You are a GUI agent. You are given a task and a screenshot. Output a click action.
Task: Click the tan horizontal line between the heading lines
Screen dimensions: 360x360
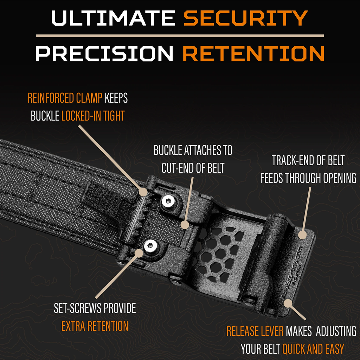click(180, 36)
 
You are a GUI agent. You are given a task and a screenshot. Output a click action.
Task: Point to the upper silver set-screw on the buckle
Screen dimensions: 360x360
click(168, 201)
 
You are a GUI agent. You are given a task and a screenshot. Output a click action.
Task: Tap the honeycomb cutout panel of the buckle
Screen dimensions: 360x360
click(218, 253)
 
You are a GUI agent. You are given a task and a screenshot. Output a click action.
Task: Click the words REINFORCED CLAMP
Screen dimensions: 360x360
click(66, 98)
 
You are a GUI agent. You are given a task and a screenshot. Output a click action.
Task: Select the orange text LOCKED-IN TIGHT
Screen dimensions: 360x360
click(93, 116)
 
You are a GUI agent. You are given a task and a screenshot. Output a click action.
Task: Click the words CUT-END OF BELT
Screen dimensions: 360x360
click(193, 168)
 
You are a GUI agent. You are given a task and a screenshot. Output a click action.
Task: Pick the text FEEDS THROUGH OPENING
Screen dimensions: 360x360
click(308, 178)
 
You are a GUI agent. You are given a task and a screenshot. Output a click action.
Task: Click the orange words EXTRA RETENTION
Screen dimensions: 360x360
click(95, 326)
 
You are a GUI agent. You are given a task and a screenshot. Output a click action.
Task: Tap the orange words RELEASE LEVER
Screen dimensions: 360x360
click(255, 331)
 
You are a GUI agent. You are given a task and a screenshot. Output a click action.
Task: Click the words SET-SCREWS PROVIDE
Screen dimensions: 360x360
click(95, 308)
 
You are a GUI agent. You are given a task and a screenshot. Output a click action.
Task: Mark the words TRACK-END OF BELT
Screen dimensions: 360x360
click(308, 161)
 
